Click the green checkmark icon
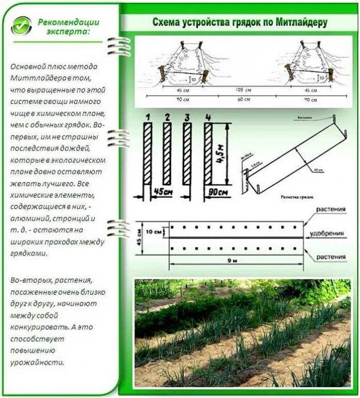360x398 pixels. point(21,25)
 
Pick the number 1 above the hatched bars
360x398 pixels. point(148,117)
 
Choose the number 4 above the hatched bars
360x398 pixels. point(208,117)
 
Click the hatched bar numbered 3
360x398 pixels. point(187,153)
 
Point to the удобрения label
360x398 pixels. point(327,234)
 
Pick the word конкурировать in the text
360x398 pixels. point(36,327)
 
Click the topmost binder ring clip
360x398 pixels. point(119,47)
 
